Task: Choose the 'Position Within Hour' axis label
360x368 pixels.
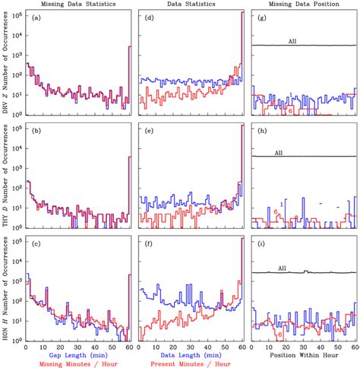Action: (x=304, y=354)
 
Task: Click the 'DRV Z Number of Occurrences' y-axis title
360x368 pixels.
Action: (x=6, y=65)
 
